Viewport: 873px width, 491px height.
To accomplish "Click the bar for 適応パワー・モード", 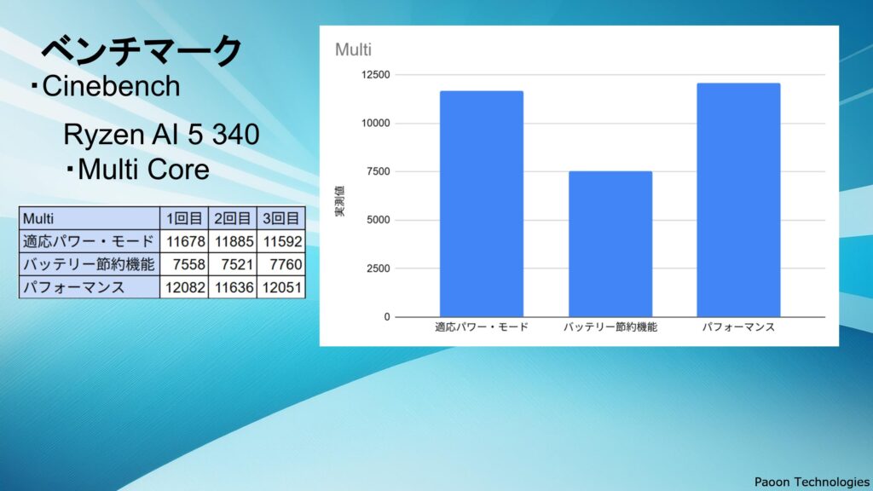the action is pyautogui.click(x=482, y=204).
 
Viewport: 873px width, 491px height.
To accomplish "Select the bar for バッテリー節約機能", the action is pyautogui.click(x=610, y=244).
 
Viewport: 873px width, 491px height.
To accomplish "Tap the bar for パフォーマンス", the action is pyautogui.click(x=738, y=199).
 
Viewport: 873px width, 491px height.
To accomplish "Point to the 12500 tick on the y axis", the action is pyautogui.click(x=376, y=75).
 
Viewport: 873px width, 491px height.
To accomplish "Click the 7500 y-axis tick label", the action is pyautogui.click(x=379, y=171).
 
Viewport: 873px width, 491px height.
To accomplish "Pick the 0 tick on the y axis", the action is pyautogui.click(x=387, y=317).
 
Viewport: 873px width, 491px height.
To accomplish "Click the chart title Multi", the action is pyautogui.click(x=353, y=49).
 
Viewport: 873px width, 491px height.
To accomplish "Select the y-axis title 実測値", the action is pyautogui.click(x=339, y=201).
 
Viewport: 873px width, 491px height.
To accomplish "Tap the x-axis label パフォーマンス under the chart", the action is pyautogui.click(x=738, y=327).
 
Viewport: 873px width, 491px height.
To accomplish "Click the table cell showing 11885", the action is pyautogui.click(x=234, y=241).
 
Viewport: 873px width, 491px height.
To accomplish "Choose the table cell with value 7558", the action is pyautogui.click(x=185, y=264).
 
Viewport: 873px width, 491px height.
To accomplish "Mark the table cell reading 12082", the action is pyautogui.click(x=185, y=287).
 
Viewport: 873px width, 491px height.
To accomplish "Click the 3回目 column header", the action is pyautogui.click(x=281, y=218).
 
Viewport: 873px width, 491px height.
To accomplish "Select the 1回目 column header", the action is pyautogui.click(x=185, y=218).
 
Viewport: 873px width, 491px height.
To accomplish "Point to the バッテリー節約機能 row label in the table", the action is pyautogui.click(x=89, y=264).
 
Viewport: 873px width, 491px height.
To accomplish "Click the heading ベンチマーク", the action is pyautogui.click(x=142, y=50).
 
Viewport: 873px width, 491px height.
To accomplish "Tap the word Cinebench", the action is pyautogui.click(x=112, y=86).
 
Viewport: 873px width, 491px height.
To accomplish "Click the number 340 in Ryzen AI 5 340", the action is pyautogui.click(x=236, y=134).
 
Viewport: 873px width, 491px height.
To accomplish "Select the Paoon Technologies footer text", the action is pyautogui.click(x=812, y=482).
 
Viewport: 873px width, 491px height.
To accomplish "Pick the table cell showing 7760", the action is pyautogui.click(x=281, y=264).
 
